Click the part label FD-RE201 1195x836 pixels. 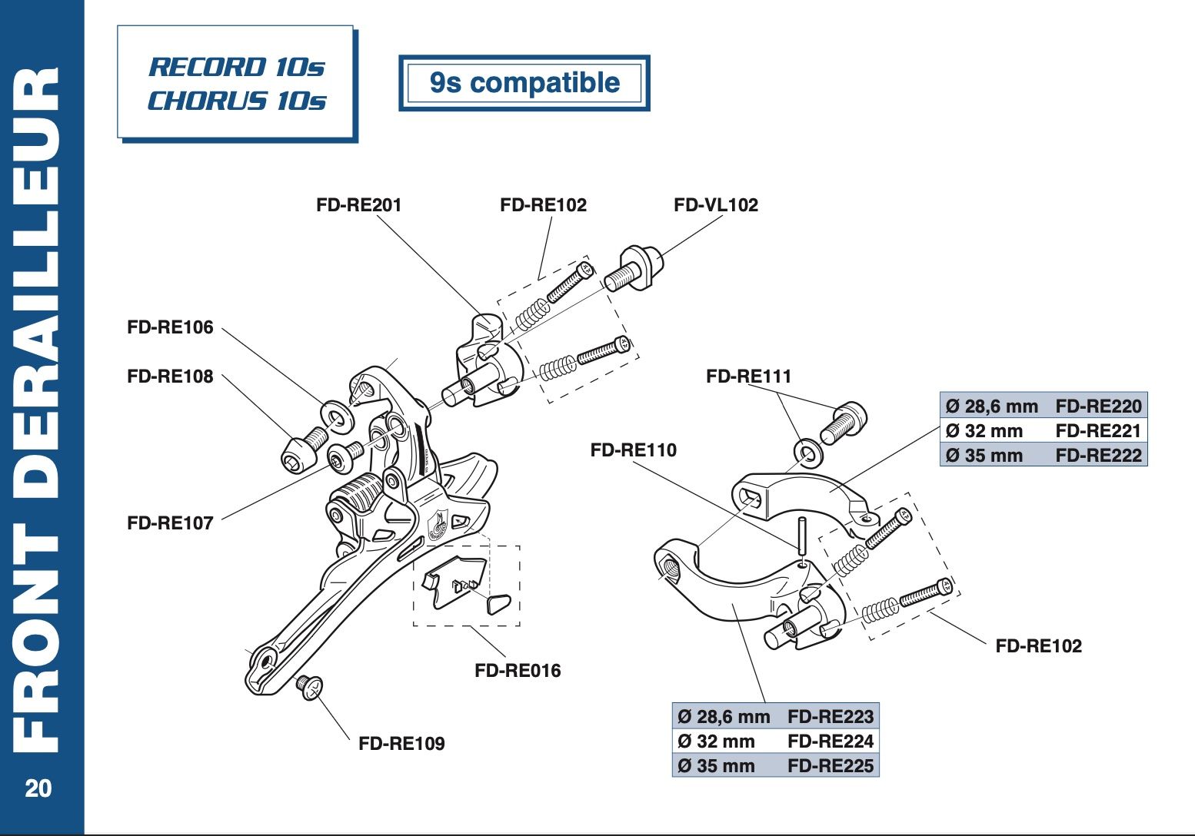pos(358,205)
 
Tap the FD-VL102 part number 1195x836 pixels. pos(715,205)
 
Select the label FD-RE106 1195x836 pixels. pos(170,327)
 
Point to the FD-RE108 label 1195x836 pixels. pos(170,377)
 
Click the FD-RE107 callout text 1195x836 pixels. pos(170,523)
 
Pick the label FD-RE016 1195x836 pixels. pos(518,671)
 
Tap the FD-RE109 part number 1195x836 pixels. pos(401,744)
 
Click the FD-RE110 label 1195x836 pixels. pos(633,450)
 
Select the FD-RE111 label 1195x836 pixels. pos(748,377)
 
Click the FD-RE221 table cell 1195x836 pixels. pos(1098,430)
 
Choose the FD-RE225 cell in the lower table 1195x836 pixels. pos(831,766)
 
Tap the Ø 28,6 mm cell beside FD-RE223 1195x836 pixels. pos(723,717)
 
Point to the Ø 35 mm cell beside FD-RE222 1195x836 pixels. pos(984,456)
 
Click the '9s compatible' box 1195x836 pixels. pos(524,83)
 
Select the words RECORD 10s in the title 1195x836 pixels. pos(237,67)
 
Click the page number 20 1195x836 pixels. pos(38,789)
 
